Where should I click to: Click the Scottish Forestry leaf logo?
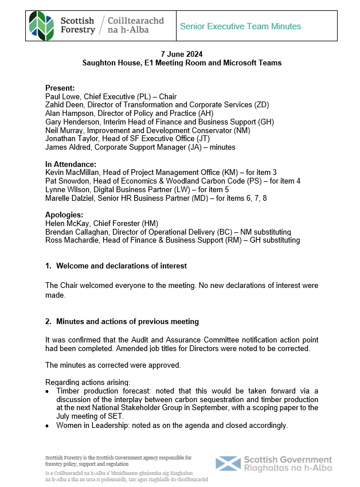(x=42, y=26)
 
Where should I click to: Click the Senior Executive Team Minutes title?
(x=240, y=26)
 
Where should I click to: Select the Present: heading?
(x=60, y=88)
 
